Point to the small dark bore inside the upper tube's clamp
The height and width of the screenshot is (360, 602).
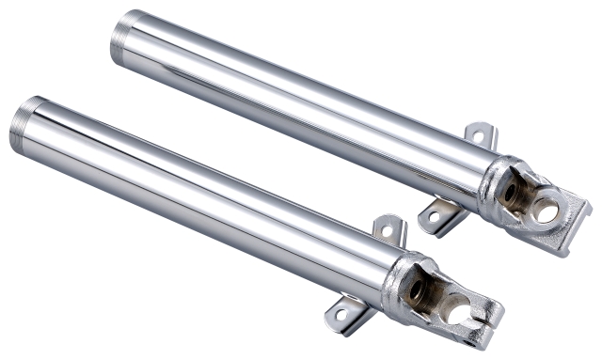[x=510, y=194]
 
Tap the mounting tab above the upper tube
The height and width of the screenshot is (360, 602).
[x=480, y=135]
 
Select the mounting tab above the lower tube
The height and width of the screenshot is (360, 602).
[x=388, y=228]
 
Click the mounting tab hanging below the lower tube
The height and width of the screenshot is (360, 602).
[x=345, y=314]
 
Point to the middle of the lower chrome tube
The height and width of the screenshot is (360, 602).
[x=207, y=196]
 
